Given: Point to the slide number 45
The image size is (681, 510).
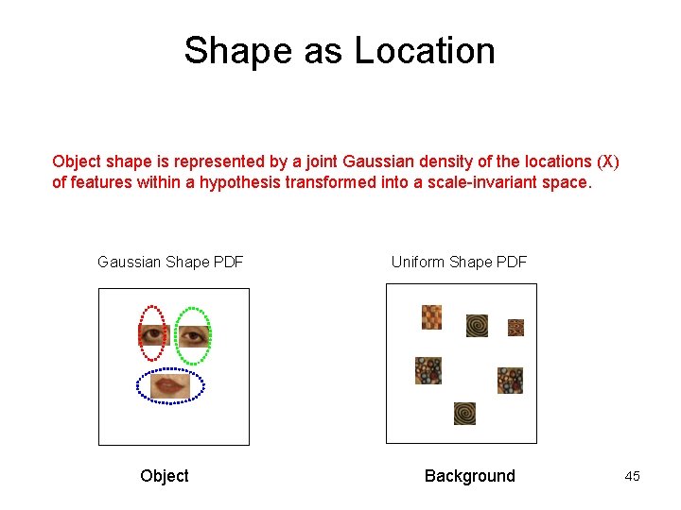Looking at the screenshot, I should [x=632, y=476].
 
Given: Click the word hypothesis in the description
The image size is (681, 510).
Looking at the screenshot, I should [x=239, y=182].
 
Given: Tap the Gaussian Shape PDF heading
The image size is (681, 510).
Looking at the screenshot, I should [x=170, y=262].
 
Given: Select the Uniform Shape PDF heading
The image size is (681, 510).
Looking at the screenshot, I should [x=459, y=262].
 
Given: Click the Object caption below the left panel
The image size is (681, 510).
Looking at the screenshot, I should [x=165, y=476].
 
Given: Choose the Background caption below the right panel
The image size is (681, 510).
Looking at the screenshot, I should [x=469, y=476].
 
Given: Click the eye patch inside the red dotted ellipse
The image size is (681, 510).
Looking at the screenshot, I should [x=153, y=335].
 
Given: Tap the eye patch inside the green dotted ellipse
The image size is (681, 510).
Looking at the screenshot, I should [x=193, y=335].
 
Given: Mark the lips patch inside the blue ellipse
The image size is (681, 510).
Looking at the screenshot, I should [x=170, y=385].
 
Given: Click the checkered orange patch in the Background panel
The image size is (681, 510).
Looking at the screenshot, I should [x=431, y=317].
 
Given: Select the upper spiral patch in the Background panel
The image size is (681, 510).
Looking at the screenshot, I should [x=477, y=326].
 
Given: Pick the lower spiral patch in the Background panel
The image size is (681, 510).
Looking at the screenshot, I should [x=464, y=414].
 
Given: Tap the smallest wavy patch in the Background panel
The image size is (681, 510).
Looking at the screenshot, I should [x=515, y=328].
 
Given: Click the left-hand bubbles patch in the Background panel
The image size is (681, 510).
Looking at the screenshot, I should [x=428, y=370].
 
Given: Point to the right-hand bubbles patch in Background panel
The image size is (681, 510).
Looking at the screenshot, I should [x=510, y=381].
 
